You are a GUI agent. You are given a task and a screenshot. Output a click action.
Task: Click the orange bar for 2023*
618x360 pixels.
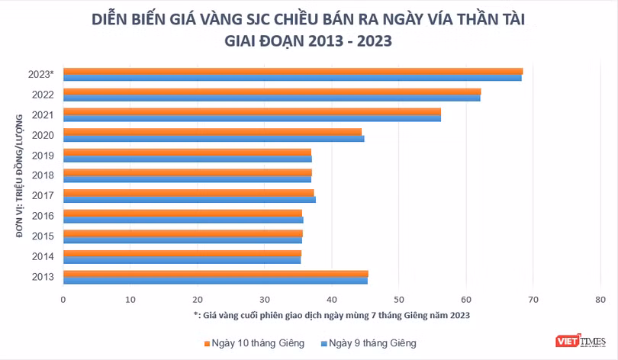pyautogui.click(x=293, y=71)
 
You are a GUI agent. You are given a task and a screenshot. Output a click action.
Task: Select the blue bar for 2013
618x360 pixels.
pyautogui.click(x=216, y=281)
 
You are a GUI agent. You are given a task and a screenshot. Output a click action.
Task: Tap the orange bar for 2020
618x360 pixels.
pyautogui.click(x=212, y=132)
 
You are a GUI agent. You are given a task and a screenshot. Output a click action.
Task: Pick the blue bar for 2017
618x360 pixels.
pyautogui.click(x=189, y=200)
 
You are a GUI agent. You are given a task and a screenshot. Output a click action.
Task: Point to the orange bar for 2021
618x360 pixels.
pyautogui.click(x=253, y=111)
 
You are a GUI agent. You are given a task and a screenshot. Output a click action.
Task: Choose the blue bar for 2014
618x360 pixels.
pyautogui.click(x=182, y=260)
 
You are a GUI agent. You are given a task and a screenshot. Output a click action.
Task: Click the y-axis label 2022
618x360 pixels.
pyautogui.click(x=43, y=95)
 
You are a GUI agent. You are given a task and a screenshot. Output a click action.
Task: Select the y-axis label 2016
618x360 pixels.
pyautogui.click(x=43, y=216)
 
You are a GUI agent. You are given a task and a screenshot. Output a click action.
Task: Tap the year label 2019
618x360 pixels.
pyautogui.click(x=43, y=156)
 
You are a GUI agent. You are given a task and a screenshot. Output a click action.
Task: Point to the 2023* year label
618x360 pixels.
pyautogui.click(x=41, y=74)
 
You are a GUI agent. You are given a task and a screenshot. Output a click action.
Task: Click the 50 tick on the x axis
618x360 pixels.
pyautogui.click(x=399, y=300)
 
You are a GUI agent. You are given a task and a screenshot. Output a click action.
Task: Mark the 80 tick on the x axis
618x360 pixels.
pyautogui.click(x=600, y=300)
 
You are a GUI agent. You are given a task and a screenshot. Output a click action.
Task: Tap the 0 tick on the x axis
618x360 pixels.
pyautogui.click(x=63, y=300)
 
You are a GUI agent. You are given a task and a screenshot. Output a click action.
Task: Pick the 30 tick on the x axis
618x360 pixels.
pyautogui.click(x=265, y=300)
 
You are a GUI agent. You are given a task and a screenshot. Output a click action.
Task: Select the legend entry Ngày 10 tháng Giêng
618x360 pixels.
pyautogui.click(x=254, y=343)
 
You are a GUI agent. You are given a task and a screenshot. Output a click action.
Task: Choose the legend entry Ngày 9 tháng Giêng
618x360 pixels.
pyautogui.click(x=369, y=343)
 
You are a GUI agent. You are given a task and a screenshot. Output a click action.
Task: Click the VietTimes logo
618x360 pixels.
pyautogui.click(x=581, y=341)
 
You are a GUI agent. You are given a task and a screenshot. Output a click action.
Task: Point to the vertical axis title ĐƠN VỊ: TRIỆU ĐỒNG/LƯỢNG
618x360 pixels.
pyautogui.click(x=19, y=176)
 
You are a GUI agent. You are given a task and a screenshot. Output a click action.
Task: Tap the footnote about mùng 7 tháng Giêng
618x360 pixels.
pyautogui.click(x=332, y=316)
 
